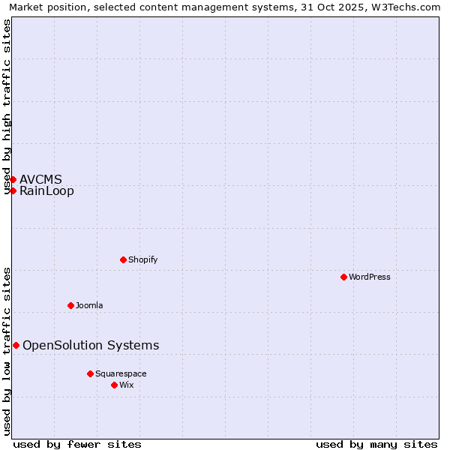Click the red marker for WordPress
343,277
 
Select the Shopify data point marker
123,259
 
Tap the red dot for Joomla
70,305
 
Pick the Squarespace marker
90,373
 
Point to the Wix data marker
114,385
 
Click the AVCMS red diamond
13,179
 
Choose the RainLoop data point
13,190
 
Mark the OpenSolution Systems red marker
16,345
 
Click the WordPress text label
370,277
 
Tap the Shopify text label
142,259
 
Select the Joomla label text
89,305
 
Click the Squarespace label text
121,373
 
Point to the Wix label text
127,385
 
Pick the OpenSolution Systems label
91,345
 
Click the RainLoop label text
46,190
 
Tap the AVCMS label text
40,179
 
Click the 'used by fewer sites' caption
77,444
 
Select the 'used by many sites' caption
376,444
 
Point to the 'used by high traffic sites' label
7,106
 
